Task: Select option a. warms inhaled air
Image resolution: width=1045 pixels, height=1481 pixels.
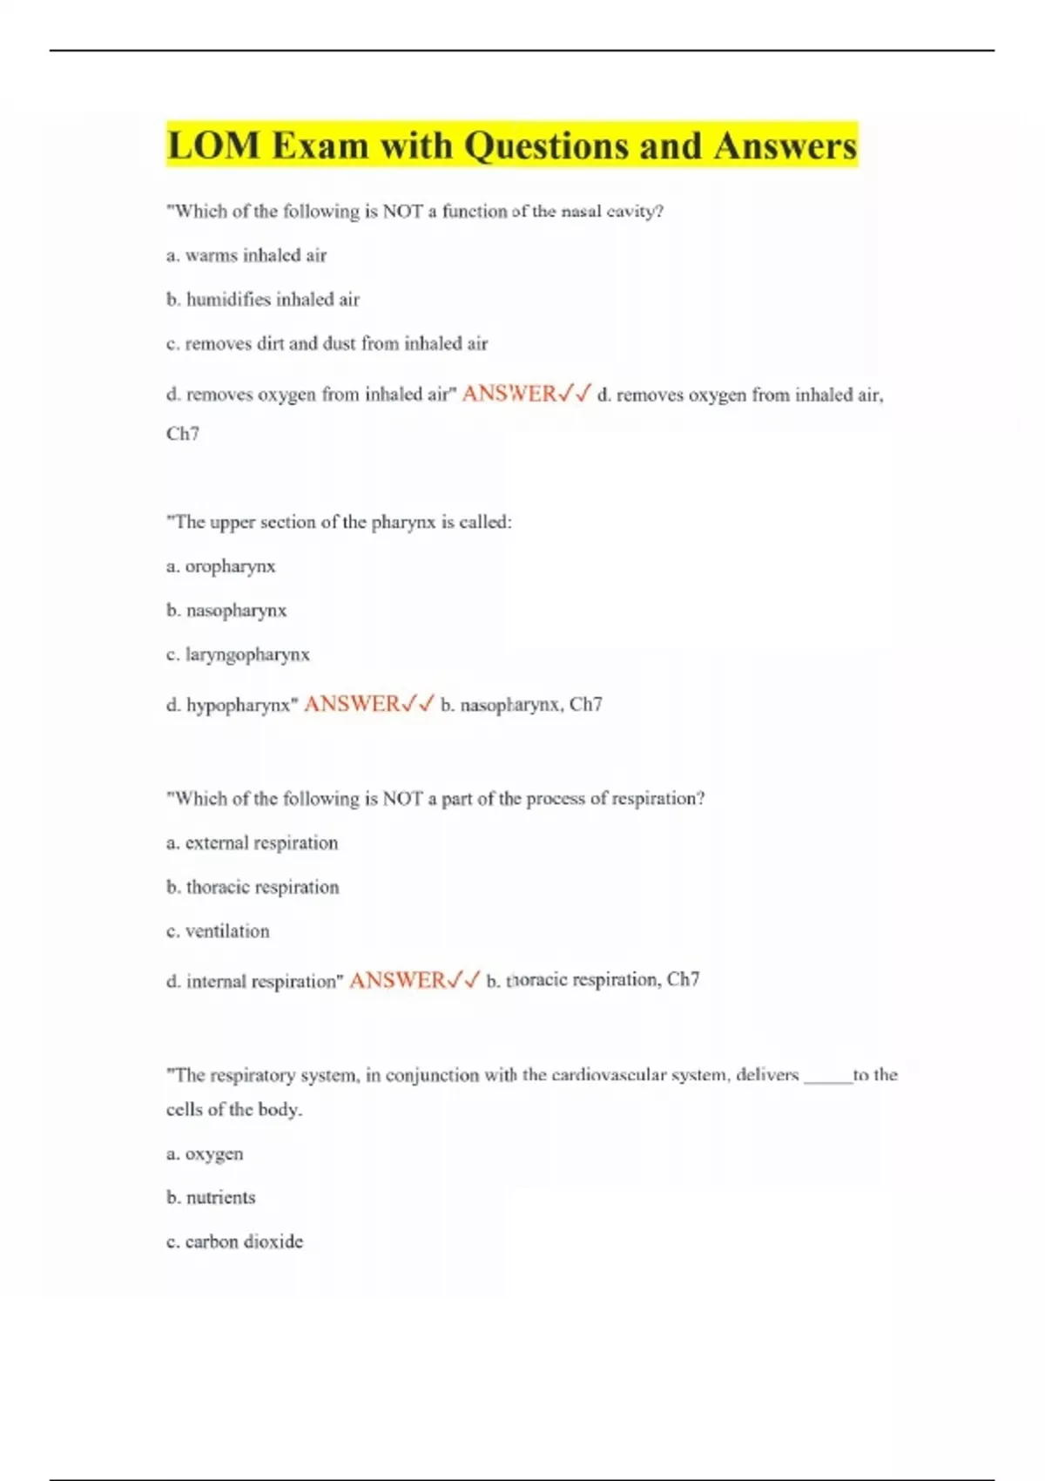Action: [246, 255]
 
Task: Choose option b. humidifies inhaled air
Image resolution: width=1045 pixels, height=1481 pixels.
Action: [263, 300]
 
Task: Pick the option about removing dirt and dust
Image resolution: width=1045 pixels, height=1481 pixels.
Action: [327, 344]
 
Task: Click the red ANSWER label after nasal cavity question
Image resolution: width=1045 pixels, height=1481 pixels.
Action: [509, 394]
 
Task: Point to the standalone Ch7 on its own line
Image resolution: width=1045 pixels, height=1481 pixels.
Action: [183, 434]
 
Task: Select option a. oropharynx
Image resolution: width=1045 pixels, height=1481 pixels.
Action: [221, 566]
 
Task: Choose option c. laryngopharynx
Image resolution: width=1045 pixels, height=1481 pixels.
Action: [238, 654]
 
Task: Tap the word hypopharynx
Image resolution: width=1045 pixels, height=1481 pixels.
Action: [238, 705]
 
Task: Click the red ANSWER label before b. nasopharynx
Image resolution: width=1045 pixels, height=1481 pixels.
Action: [351, 704]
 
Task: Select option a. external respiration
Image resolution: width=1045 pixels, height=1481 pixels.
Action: [252, 843]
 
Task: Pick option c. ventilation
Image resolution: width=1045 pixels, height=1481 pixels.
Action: [218, 931]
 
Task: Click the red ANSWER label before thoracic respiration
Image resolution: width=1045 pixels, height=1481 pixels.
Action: [397, 981]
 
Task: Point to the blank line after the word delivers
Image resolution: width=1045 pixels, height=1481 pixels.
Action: [827, 1077]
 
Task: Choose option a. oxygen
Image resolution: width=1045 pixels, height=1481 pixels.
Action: [205, 1154]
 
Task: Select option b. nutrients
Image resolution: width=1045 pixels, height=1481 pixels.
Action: [211, 1198]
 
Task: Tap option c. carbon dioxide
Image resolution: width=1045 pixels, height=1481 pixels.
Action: [234, 1242]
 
